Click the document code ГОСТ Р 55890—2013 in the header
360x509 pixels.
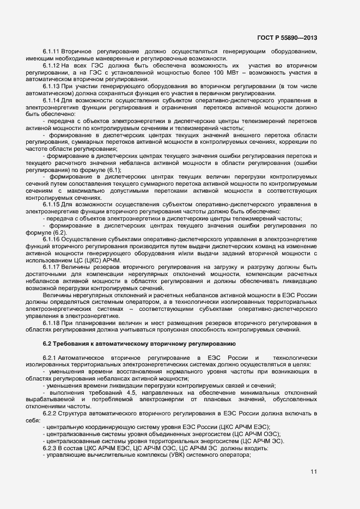point(286,38)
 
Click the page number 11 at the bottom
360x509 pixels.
point(314,471)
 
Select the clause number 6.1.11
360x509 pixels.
point(51,51)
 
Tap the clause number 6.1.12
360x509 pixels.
point(51,65)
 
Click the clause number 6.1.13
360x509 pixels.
point(51,87)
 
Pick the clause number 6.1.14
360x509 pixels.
point(51,101)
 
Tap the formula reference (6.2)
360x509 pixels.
point(53,232)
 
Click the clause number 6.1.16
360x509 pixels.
point(51,240)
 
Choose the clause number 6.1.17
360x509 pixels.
point(51,267)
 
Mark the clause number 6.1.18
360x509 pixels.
point(51,323)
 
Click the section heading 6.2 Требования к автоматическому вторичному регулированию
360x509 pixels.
point(139,344)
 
